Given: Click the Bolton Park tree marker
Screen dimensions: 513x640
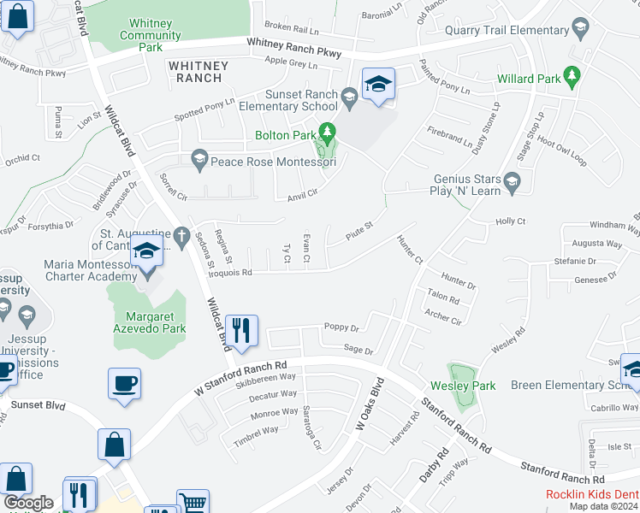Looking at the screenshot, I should (326, 133).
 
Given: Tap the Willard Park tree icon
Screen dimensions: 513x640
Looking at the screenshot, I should (572, 79).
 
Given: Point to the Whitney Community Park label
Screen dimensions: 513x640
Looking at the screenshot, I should (150, 35).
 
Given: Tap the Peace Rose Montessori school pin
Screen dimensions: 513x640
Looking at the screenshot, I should (199, 159).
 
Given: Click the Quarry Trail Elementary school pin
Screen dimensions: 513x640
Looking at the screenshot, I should (581, 32).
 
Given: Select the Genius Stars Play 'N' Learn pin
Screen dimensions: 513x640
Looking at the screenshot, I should (512, 180).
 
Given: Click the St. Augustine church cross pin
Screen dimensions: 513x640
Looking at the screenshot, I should (181, 234).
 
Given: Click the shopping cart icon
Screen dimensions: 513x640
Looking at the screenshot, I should (193, 504).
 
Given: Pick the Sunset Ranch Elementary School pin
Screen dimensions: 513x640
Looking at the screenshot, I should (349, 97).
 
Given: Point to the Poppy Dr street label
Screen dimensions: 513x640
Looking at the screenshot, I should (341, 327).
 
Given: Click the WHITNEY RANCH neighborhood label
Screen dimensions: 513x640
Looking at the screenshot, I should (199, 72).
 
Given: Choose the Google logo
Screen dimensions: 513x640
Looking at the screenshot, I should (28, 503).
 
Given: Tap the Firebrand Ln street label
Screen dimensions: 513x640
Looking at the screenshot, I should (450, 138).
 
